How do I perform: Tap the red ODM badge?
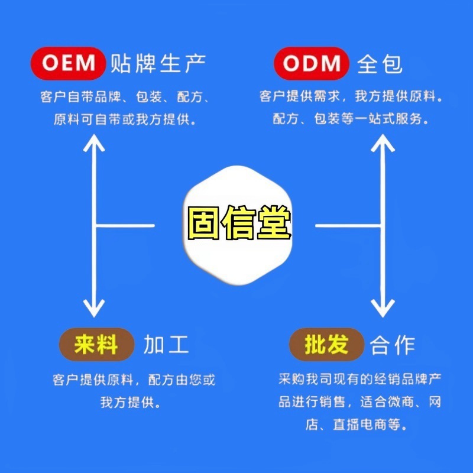[311, 63]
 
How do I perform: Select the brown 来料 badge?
[95, 345]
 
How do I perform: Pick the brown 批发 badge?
[326, 345]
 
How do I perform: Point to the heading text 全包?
[380, 64]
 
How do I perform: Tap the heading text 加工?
[166, 345]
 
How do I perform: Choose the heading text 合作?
[393, 345]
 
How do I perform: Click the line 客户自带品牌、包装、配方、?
[127, 97]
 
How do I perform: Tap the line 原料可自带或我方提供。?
[125, 118]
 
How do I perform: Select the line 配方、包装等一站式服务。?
[351, 118]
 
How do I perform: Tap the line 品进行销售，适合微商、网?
[360, 402]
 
